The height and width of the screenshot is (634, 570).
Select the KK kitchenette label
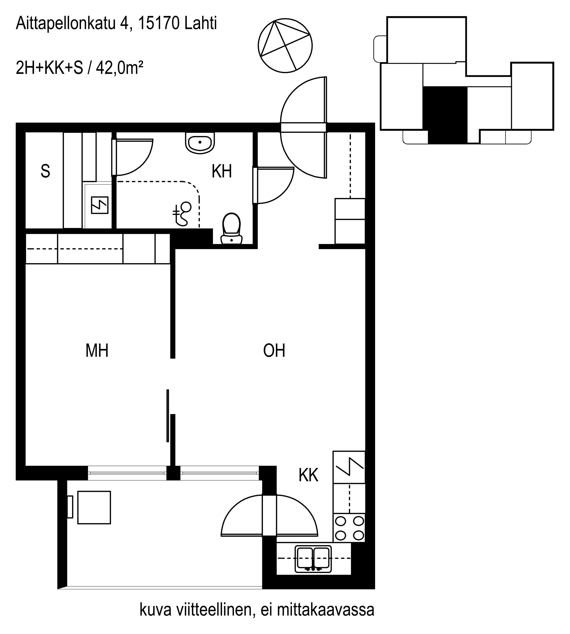point(308,475)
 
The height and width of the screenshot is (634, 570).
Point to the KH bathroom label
point(222,171)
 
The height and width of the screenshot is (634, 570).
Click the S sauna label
point(45,171)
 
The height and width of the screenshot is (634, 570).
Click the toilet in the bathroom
point(231,229)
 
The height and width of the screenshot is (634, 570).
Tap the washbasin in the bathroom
point(200,143)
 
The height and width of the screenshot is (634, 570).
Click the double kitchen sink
point(313,559)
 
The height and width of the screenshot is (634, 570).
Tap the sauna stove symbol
point(100,205)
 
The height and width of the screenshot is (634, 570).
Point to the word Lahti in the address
point(201,24)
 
